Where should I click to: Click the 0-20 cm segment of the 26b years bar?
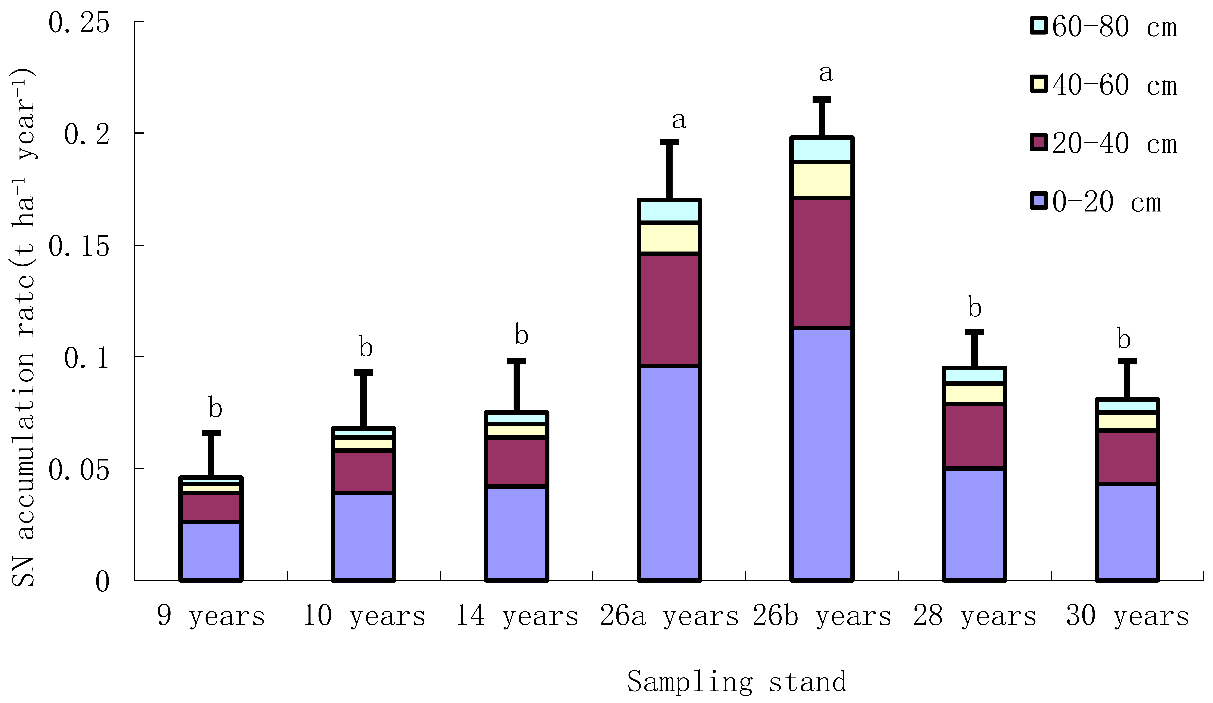pos(822,454)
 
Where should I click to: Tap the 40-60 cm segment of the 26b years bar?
pos(822,179)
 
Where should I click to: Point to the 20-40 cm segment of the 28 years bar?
pos(974,436)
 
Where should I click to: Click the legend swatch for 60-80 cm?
pos(1039,26)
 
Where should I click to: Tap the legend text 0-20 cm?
pos(1106,202)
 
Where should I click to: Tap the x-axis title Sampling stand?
pos(736,681)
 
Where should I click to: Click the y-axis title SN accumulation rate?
pos(24,327)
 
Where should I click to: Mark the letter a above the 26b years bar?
pos(826,73)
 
